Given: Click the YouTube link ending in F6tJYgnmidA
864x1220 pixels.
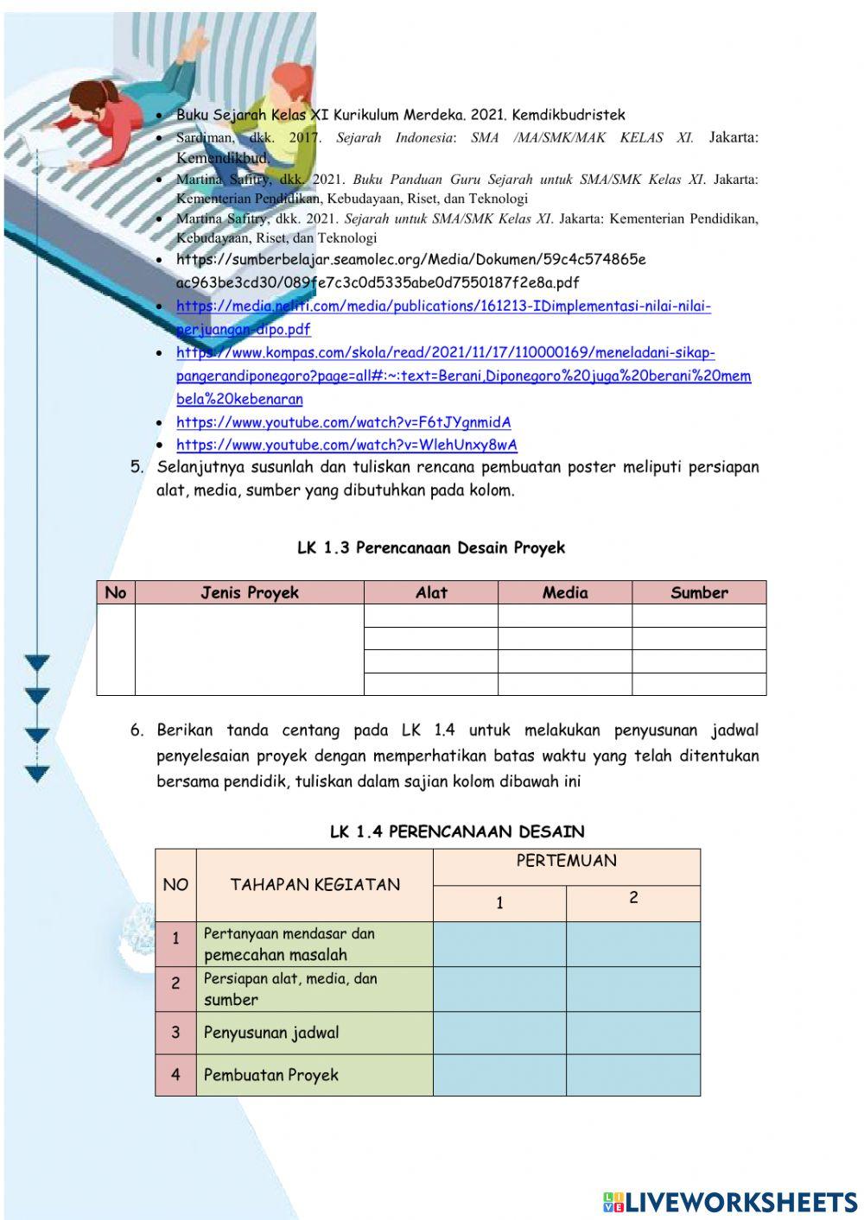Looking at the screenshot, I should pos(343,423).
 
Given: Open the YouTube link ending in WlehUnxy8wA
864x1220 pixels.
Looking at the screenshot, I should pos(346,446).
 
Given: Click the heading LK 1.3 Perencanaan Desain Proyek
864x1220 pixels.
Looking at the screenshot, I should pos(430,547).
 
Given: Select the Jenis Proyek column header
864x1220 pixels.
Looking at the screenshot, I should pos(250,592).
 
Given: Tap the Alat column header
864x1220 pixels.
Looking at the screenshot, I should pos(431,592).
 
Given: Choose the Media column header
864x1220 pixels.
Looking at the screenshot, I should pos(565,592).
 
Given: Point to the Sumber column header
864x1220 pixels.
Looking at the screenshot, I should pos(699,592).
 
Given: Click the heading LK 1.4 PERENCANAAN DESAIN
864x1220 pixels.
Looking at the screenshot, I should pos(457,831).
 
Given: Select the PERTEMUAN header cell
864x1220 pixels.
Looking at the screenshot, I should pos(566,861).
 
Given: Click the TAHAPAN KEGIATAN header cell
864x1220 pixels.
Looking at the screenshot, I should pos(314,884).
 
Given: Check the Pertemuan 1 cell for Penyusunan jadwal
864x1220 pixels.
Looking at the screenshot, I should pos(499,1033).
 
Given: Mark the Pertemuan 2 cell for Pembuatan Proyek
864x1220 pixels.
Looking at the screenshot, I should pos(633,1075).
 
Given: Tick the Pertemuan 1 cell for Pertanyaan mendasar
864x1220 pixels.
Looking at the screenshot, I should pos(499,944).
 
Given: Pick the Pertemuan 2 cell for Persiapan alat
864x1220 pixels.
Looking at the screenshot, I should pos(633,989).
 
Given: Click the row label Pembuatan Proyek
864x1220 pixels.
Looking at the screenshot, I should pos(270,1075).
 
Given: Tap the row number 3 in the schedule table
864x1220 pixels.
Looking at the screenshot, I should pos(175,1033).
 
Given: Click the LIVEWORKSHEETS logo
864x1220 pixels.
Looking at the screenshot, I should pos(729,1202).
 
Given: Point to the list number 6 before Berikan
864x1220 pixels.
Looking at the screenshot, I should pos(137,730).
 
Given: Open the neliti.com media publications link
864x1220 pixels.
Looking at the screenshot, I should pos(442,307).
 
